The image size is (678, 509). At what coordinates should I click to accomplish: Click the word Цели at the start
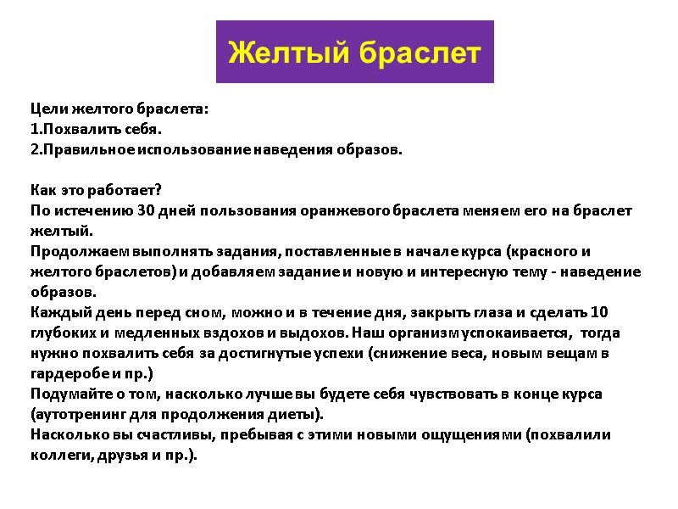[46, 109]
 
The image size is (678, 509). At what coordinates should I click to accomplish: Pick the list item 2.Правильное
[90, 150]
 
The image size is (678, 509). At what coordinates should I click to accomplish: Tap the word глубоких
[66, 333]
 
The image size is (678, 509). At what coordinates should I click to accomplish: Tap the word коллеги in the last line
[58, 455]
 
